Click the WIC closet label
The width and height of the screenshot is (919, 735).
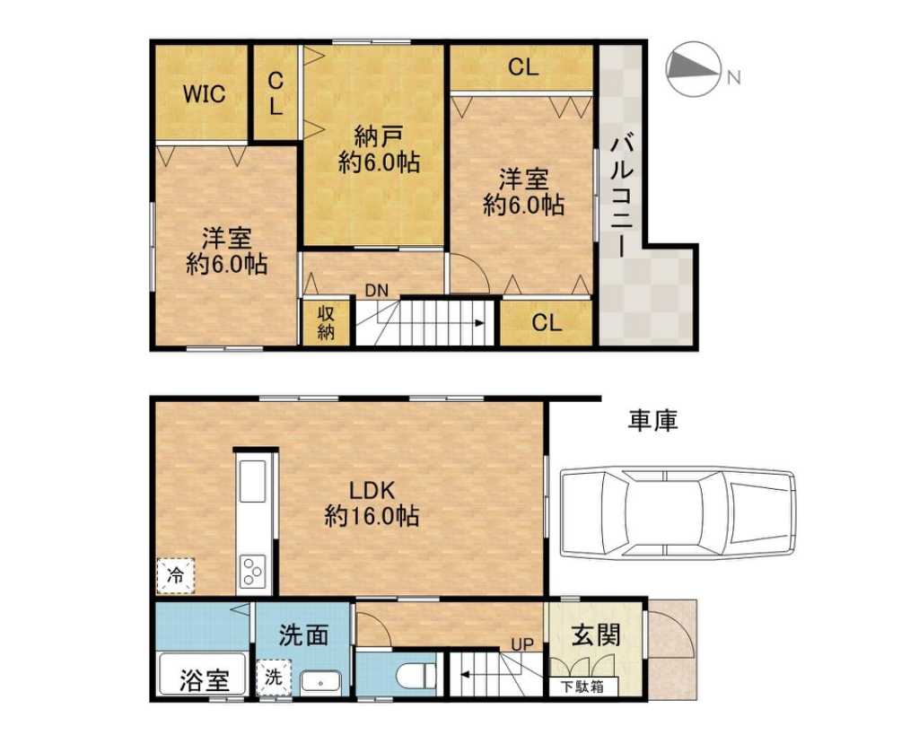204,93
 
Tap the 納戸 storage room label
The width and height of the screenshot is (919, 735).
379,137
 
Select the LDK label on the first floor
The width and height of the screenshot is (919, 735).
372,490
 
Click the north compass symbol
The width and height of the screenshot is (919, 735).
694,68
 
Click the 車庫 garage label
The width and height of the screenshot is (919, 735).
653,420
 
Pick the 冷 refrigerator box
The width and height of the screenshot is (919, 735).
175,575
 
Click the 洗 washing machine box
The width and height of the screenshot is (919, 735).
274,677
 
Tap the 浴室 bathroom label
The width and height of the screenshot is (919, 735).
204,680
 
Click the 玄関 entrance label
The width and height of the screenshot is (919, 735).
596,635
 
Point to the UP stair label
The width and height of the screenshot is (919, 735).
522,644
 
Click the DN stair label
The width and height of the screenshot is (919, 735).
376,290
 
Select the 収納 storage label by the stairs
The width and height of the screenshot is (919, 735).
326,323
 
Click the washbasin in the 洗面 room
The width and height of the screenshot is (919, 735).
320,682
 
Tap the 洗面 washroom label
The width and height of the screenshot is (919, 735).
303,635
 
